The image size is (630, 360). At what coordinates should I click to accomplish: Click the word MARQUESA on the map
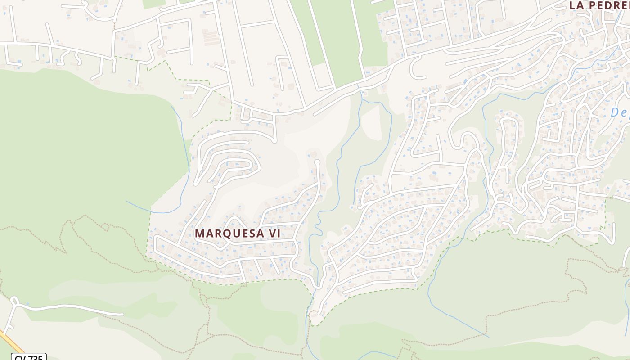click(x=229, y=234)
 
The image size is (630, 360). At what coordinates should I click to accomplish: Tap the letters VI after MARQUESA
click(x=274, y=234)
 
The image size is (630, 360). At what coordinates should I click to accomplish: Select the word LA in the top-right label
click(x=576, y=5)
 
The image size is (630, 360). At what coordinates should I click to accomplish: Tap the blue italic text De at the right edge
click(x=620, y=112)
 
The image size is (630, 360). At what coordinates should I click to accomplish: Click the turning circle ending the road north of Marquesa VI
click(x=317, y=162)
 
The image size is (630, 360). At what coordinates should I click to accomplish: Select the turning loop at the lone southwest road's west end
click(x=14, y=300)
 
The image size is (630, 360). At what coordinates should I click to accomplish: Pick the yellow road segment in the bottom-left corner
click(x=11, y=342)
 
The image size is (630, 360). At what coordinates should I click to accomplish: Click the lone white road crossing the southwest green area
click(x=72, y=308)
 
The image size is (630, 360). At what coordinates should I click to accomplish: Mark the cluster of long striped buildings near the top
click(x=211, y=38)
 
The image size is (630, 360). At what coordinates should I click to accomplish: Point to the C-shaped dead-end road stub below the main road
click(x=415, y=70)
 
